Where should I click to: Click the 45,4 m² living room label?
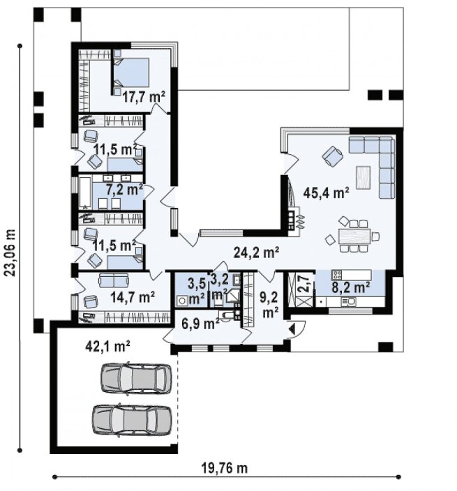(x=326, y=193)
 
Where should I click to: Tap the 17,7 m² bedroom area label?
(x=144, y=97)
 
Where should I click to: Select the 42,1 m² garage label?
(x=107, y=347)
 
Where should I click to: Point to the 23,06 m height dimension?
(x=10, y=252)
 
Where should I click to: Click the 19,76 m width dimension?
(x=224, y=469)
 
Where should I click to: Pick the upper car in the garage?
(x=136, y=378)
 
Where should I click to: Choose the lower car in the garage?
(x=132, y=421)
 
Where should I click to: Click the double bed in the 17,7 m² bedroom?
(x=131, y=73)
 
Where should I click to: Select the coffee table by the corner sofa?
(x=364, y=178)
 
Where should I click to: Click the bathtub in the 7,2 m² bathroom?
(x=84, y=193)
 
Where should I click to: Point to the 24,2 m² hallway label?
(x=257, y=252)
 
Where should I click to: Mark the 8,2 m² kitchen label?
(x=350, y=287)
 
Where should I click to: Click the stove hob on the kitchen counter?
(x=337, y=275)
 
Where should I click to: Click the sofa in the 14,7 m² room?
(x=114, y=280)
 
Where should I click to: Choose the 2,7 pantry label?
(x=304, y=284)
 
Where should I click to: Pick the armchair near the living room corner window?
(x=332, y=156)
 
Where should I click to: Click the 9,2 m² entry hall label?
(x=269, y=305)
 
